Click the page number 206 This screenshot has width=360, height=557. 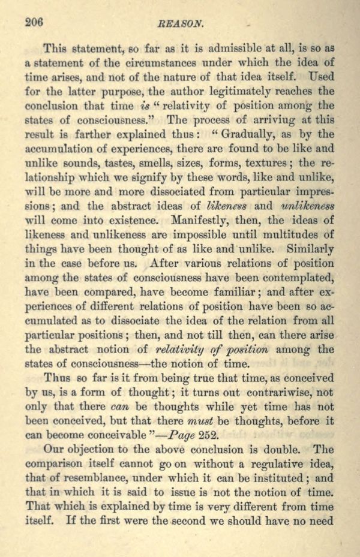(35, 22)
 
